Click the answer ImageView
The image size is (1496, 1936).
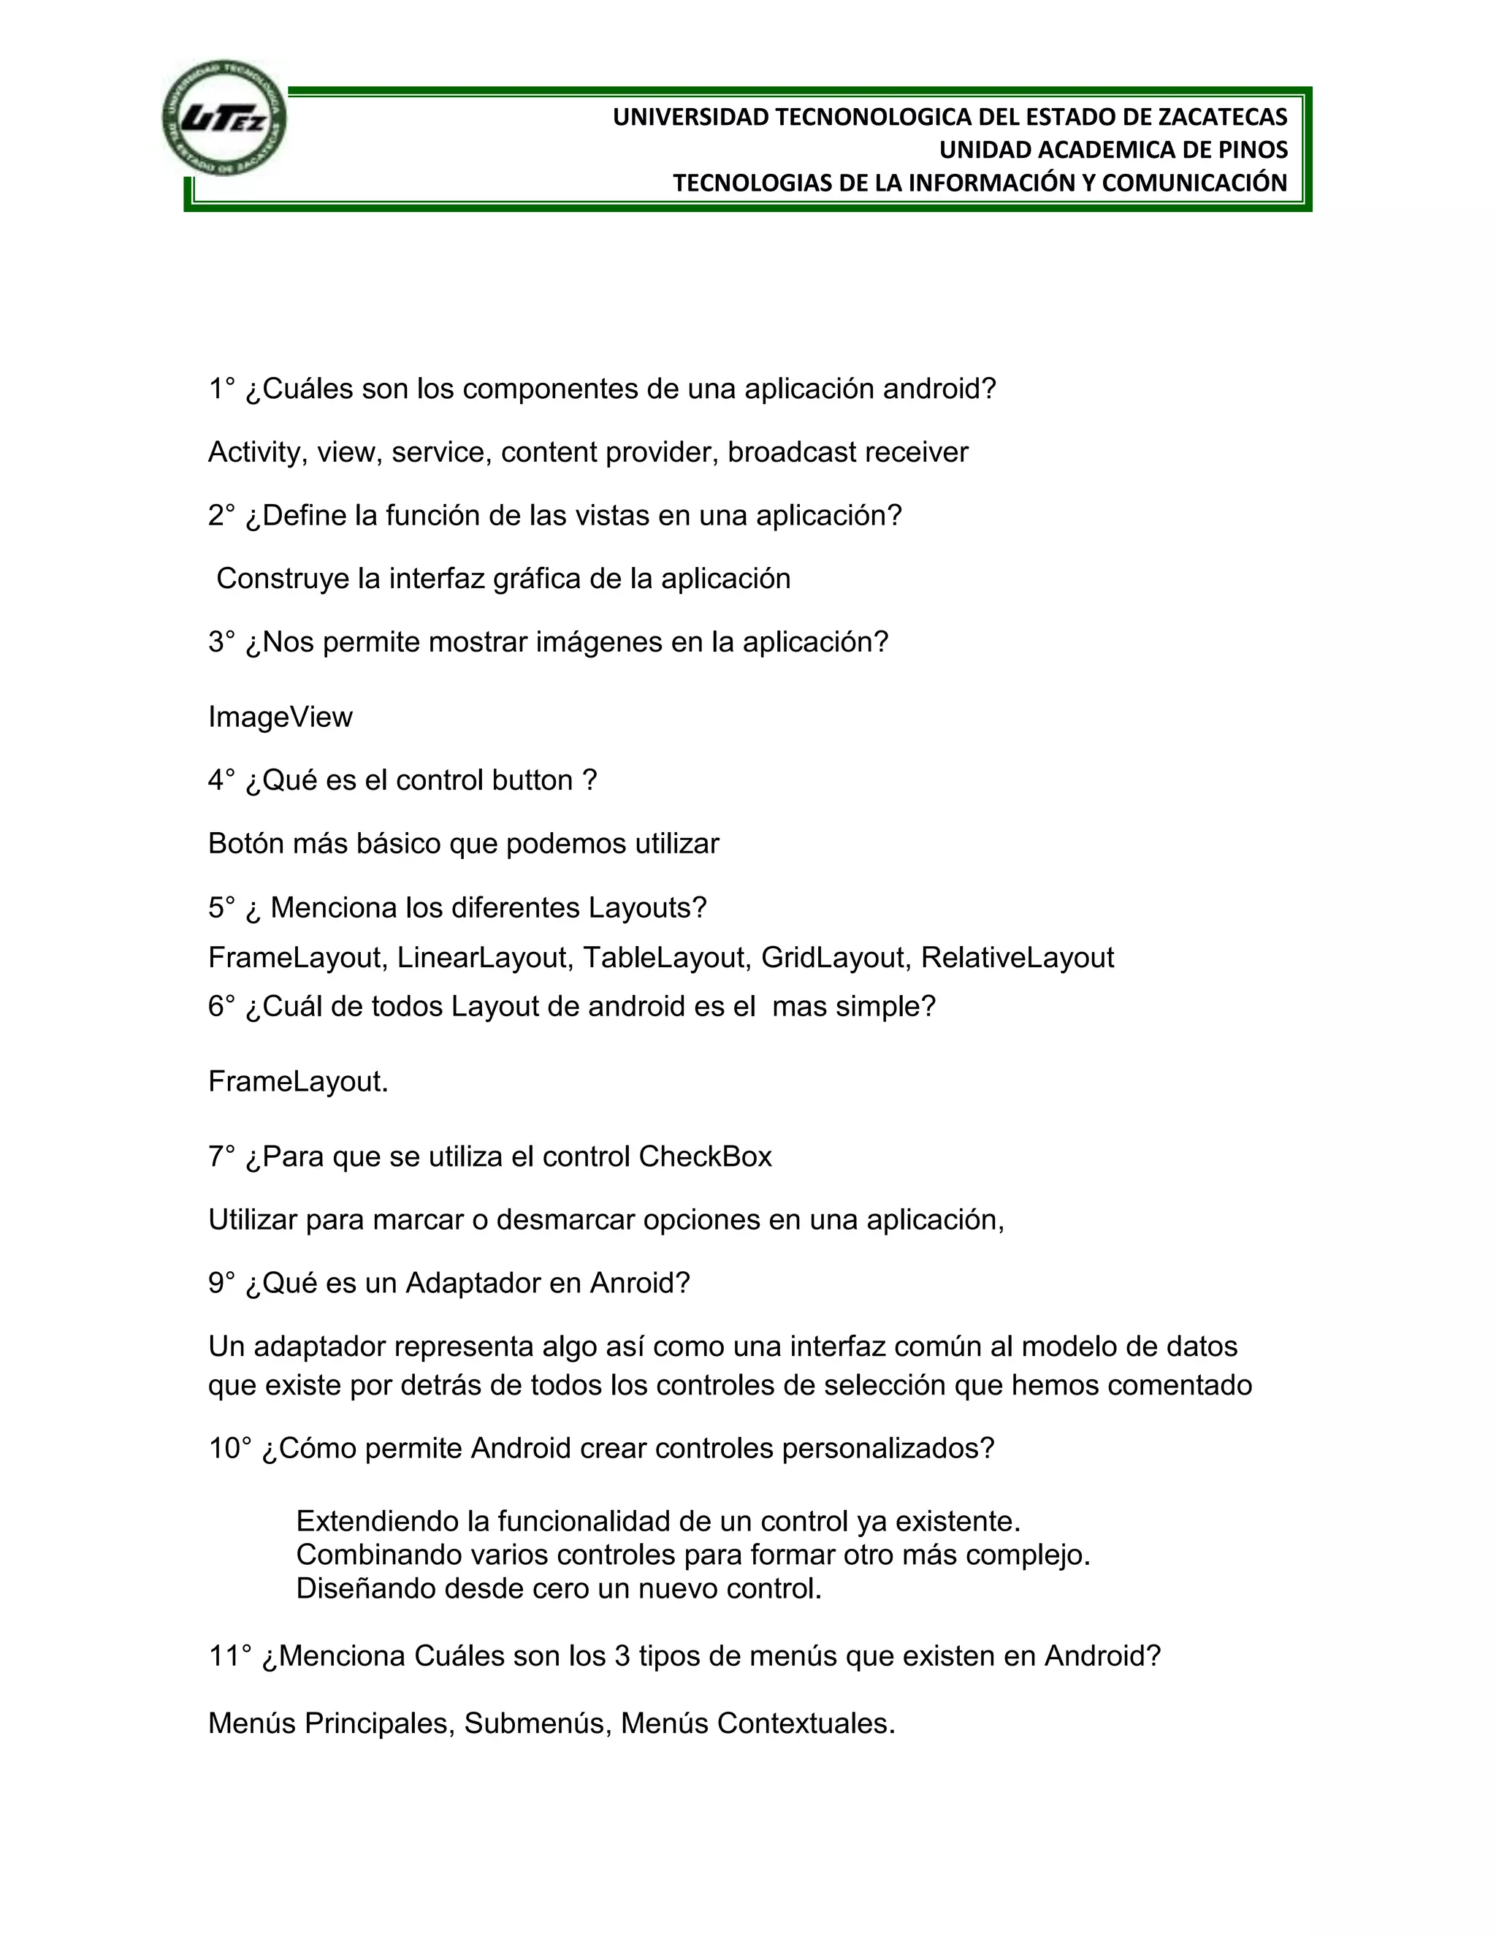[x=280, y=716]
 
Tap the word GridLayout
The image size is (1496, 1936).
[x=836, y=957]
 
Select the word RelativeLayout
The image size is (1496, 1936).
[x=1018, y=957]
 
